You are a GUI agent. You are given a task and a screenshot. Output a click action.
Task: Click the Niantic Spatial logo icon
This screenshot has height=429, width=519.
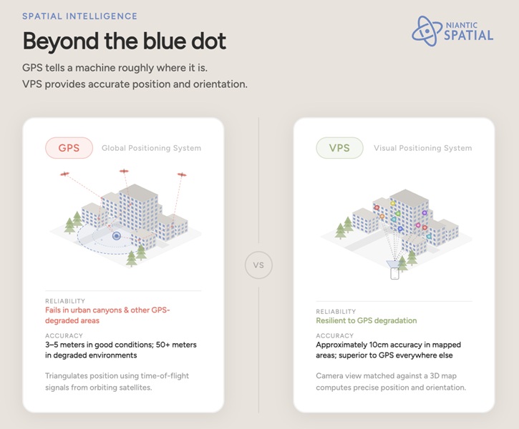click(x=429, y=31)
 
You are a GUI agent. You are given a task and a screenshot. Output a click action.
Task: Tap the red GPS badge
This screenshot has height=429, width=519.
click(x=69, y=148)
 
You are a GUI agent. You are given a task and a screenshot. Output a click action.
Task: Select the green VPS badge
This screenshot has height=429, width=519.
click(x=340, y=148)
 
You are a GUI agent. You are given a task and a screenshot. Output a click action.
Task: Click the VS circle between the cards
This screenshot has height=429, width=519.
click(x=259, y=265)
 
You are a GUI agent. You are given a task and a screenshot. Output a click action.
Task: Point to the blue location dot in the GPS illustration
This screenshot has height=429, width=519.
click(x=116, y=235)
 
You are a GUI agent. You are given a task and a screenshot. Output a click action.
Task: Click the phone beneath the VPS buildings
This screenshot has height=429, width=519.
click(x=394, y=272)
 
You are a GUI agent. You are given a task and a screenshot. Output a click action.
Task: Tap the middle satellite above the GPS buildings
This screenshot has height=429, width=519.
click(x=124, y=172)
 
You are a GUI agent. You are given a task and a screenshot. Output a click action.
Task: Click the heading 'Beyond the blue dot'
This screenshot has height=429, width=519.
click(x=124, y=41)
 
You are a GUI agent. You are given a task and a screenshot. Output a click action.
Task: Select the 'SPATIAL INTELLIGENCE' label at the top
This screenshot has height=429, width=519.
click(x=79, y=16)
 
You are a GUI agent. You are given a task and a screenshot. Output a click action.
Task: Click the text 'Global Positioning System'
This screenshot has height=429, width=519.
click(x=151, y=149)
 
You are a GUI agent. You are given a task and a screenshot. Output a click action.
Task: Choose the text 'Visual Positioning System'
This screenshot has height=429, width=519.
click(x=422, y=149)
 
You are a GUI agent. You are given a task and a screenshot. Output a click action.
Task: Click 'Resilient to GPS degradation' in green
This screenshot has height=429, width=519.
click(x=366, y=321)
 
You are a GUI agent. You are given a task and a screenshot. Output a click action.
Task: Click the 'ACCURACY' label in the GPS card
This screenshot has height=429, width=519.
click(x=64, y=335)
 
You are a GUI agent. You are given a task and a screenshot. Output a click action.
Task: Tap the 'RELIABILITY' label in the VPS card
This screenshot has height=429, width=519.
click(x=336, y=312)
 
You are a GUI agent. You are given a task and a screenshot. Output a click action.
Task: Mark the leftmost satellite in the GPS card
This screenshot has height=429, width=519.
click(x=66, y=174)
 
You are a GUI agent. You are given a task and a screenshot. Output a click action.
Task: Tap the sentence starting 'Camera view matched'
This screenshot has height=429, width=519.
click(x=391, y=376)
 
